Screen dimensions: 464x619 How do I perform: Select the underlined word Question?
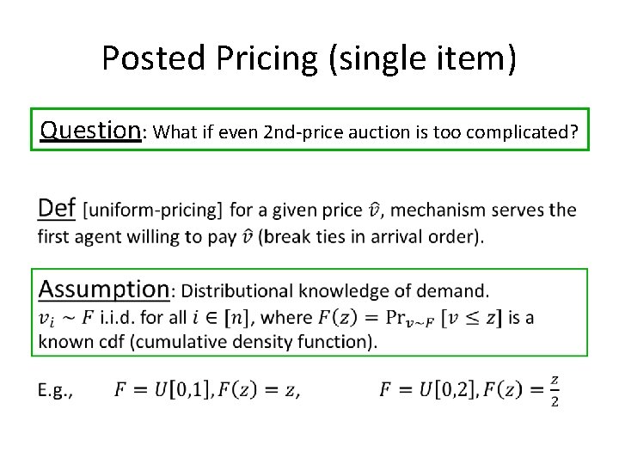pos(90,130)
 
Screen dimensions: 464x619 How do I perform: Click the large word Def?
pos(58,208)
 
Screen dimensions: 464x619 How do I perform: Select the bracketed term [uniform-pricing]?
pos(155,211)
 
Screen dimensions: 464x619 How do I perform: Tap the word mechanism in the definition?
pos(447,211)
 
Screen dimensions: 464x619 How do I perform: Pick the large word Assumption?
pos(104,289)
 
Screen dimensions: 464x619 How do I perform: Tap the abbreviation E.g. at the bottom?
pos(55,391)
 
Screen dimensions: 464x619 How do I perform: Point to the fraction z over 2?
pos(555,391)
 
